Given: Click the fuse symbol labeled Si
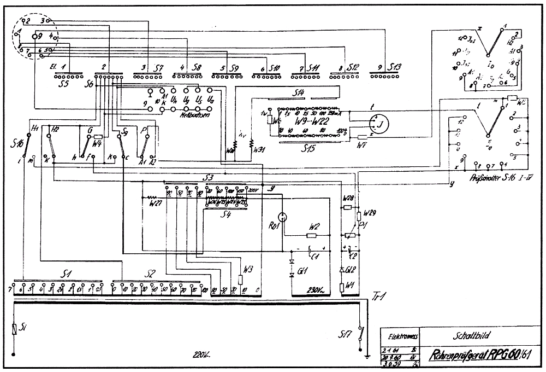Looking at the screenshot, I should [x=14, y=329].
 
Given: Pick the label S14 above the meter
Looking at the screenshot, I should [x=298, y=91].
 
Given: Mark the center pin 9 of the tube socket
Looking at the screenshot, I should [x=35, y=37].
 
